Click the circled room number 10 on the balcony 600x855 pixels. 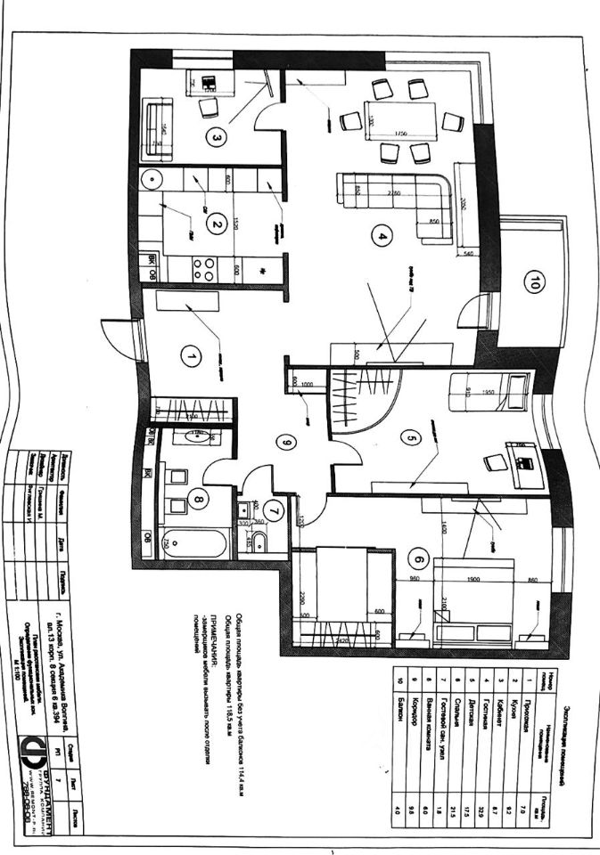(x=534, y=284)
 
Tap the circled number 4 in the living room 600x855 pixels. (x=382, y=237)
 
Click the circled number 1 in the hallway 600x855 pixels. (x=189, y=356)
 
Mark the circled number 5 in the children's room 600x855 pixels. (x=412, y=438)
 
